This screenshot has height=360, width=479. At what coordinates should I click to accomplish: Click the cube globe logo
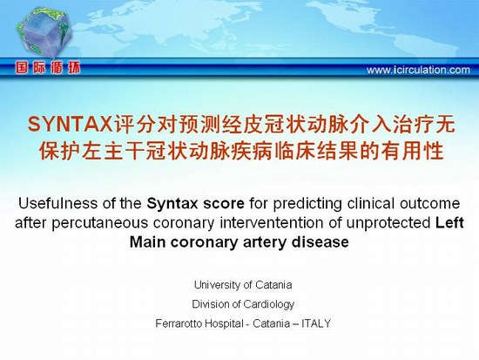click(x=45, y=32)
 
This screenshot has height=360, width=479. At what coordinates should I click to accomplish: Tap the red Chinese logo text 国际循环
click(x=48, y=68)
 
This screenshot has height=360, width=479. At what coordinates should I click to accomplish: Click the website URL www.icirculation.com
click(x=418, y=70)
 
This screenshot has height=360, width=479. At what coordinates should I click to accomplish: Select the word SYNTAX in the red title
click(x=70, y=125)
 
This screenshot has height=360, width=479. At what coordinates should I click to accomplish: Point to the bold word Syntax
click(x=172, y=204)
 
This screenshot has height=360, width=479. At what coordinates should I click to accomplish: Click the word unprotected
click(x=388, y=224)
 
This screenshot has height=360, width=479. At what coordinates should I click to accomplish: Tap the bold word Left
click(x=449, y=222)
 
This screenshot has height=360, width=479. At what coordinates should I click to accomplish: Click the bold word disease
click(x=320, y=242)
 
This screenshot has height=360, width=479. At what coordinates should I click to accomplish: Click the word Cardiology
click(x=269, y=304)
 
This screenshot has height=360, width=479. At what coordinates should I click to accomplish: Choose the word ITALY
click(x=316, y=323)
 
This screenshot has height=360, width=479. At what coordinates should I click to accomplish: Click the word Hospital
click(x=224, y=323)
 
